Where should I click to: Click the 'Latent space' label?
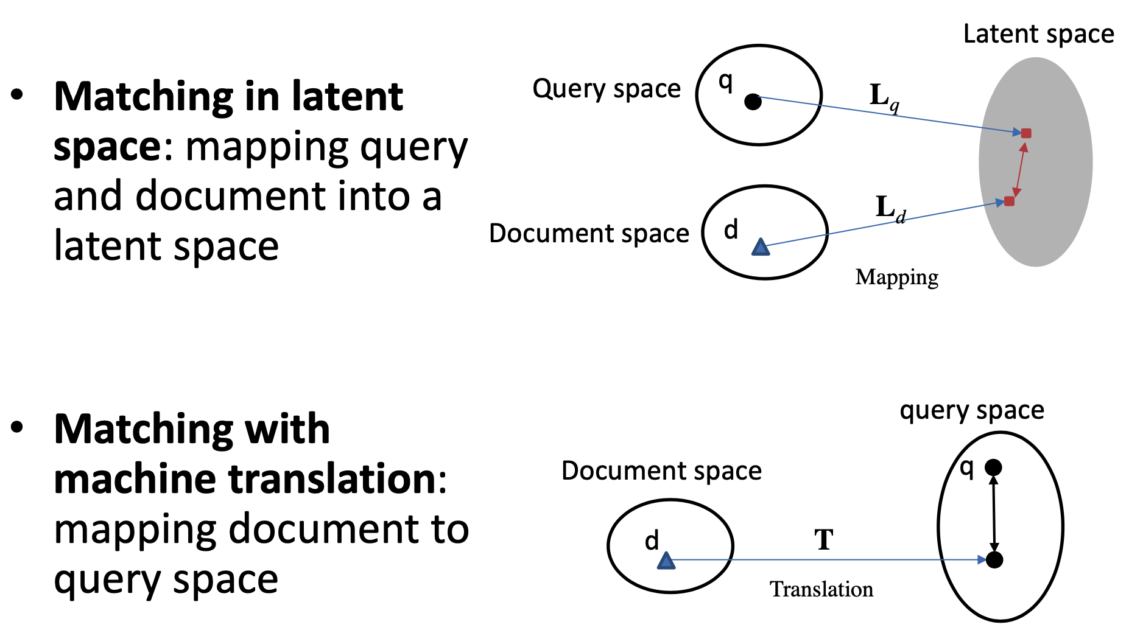(x=1038, y=34)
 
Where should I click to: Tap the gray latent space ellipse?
(x=1047, y=231)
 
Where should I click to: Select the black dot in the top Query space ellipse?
(x=753, y=102)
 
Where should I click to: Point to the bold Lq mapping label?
(x=884, y=97)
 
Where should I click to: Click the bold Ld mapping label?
(x=890, y=209)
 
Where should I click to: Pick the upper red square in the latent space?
(x=1026, y=133)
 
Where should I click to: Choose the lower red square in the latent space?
(x=1009, y=201)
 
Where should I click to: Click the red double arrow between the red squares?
(x=1018, y=167)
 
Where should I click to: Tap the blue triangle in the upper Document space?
(x=761, y=247)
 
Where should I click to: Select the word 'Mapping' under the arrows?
(x=896, y=278)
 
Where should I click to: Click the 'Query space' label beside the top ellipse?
(x=607, y=89)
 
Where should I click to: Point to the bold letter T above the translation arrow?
(x=824, y=539)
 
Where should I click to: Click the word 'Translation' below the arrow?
(x=821, y=589)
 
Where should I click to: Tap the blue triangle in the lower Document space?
(x=666, y=561)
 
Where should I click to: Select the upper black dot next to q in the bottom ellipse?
(x=993, y=467)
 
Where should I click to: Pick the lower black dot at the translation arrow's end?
(x=994, y=560)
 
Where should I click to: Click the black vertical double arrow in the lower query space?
(x=994, y=514)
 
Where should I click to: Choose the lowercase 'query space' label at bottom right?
(x=972, y=411)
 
